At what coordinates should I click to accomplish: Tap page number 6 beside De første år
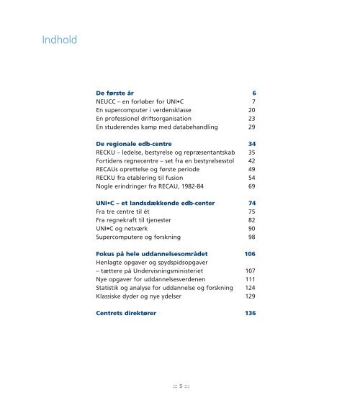[x=254, y=94]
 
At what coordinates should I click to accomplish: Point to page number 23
[x=252, y=119]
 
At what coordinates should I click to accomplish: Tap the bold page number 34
[x=252, y=145]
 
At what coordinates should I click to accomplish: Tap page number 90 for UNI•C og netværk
[x=252, y=229]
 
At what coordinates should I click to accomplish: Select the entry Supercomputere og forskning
[x=135, y=237]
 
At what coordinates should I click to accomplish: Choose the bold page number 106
[x=250, y=255]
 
